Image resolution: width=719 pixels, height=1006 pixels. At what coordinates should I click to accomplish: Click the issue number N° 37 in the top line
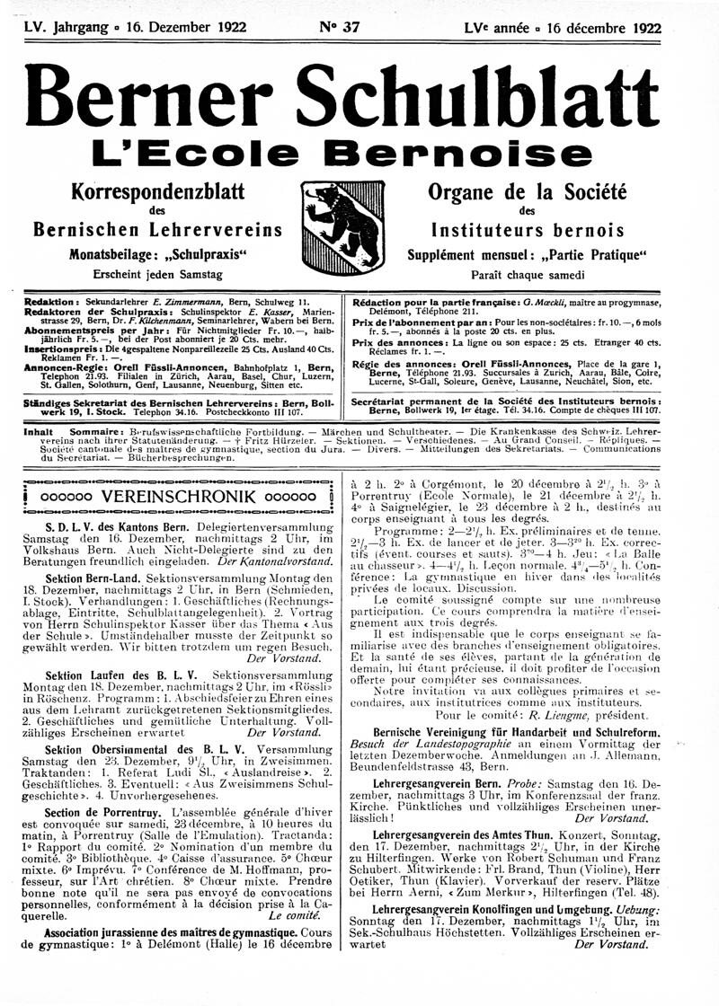[x=339, y=27]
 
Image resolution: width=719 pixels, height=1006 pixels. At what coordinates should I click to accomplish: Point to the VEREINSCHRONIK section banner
[x=181, y=495]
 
